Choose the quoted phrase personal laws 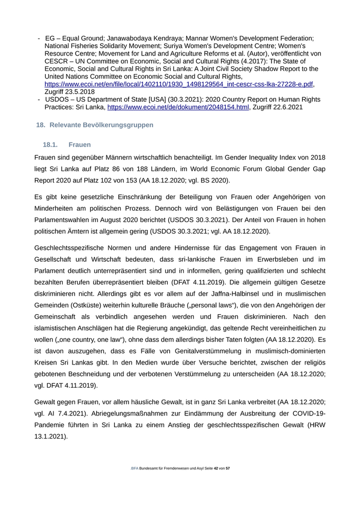pos(208,307)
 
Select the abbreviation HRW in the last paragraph pos(316,425)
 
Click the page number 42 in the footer pos(215,468)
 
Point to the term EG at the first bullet pos(50,38)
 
